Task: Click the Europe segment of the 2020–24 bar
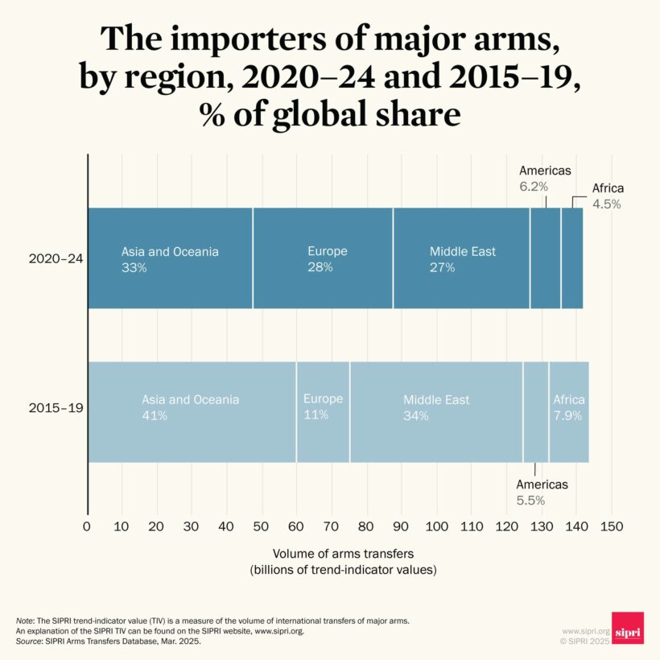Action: coord(323,258)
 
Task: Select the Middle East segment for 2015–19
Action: coord(436,412)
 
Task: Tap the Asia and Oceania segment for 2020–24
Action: coord(170,258)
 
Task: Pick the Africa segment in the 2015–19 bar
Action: coord(569,412)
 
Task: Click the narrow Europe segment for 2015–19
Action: coord(323,412)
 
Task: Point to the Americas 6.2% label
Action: coord(545,178)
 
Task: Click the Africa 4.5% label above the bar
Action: coord(608,196)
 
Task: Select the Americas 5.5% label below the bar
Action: coord(542,492)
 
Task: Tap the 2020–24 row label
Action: coord(56,259)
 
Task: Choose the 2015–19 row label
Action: coord(56,408)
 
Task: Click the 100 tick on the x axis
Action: coord(436,526)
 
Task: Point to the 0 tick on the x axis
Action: coord(87,526)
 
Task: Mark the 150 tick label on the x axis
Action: coord(612,526)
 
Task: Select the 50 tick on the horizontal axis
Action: coord(262,526)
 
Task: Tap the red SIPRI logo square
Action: coord(627,628)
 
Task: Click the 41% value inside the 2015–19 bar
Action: coord(155,415)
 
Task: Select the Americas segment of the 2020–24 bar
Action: coord(545,258)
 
